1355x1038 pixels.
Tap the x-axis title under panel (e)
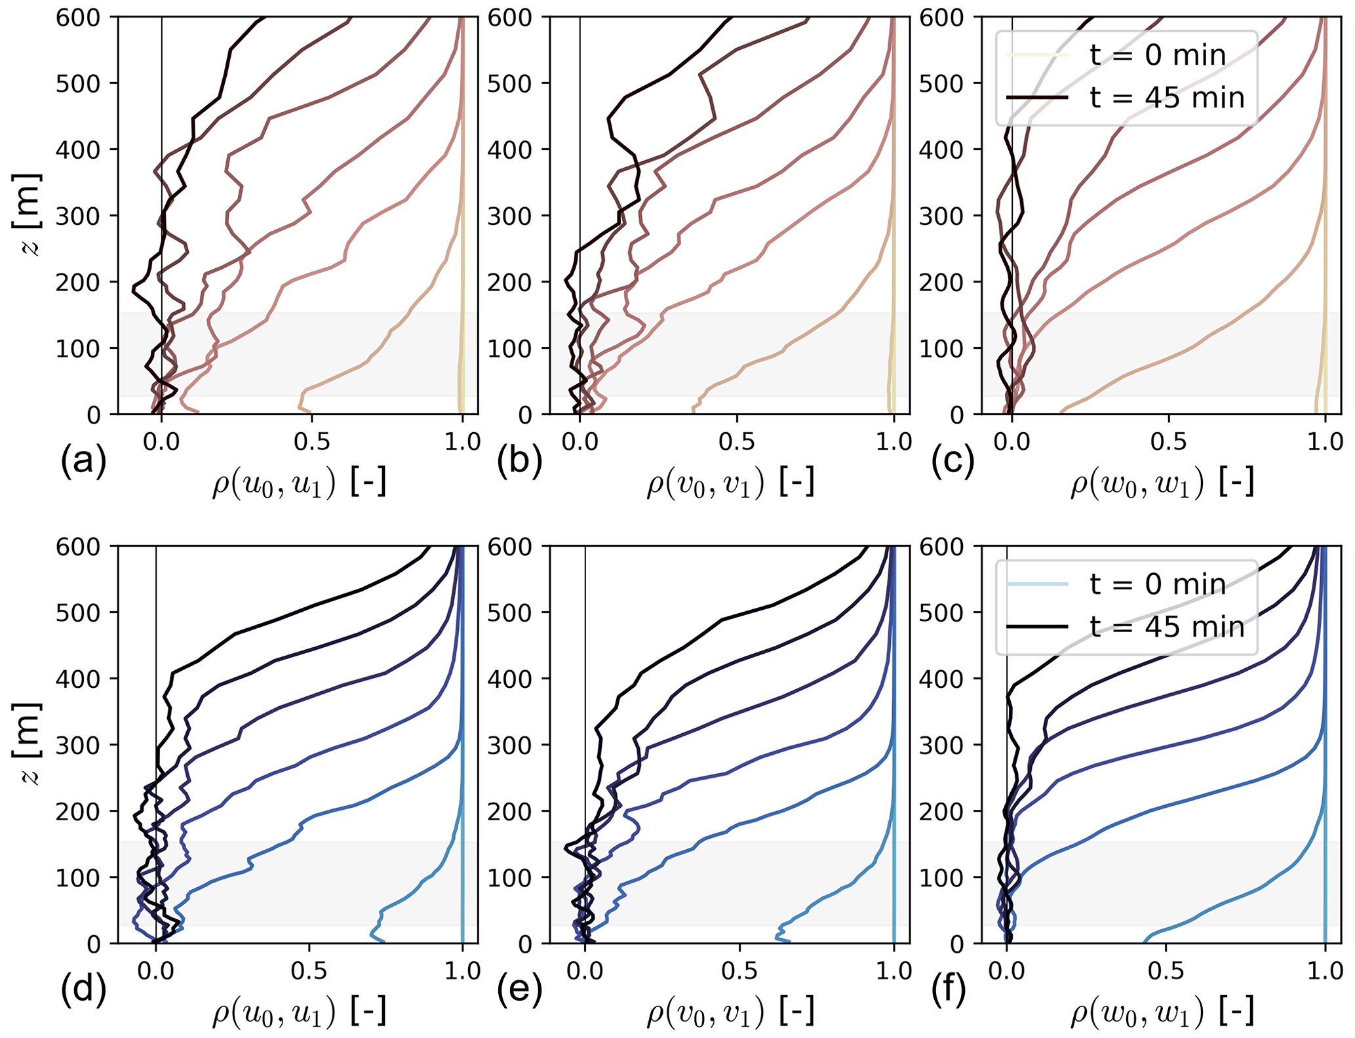tap(730, 1013)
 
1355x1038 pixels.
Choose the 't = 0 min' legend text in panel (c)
tap(1158, 55)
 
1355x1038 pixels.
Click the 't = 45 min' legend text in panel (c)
tap(1167, 98)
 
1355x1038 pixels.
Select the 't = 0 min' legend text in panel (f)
tap(1158, 584)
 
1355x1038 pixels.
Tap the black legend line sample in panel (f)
tap(1037, 627)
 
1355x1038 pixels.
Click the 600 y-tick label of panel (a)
tap(77, 18)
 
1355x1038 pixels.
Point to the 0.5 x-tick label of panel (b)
tap(736, 442)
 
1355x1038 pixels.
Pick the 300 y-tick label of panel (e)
tap(509, 746)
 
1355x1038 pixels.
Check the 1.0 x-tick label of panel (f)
tap(1325, 971)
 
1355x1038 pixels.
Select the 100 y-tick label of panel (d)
tap(77, 878)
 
